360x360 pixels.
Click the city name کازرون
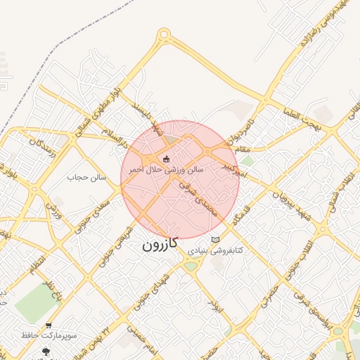(160, 245)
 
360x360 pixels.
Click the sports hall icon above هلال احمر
(167, 159)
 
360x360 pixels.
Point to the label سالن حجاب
(86, 177)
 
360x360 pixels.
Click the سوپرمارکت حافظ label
(48, 337)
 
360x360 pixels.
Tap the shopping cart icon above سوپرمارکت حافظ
(48, 326)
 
